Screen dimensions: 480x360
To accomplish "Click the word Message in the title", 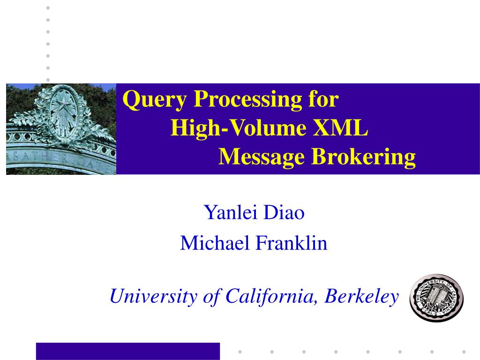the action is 262,157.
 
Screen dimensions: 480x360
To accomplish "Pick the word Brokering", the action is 364,157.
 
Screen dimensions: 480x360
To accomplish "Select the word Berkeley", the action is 363,296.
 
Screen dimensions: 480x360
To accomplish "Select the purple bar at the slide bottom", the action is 127,351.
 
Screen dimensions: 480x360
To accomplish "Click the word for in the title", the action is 323,100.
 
